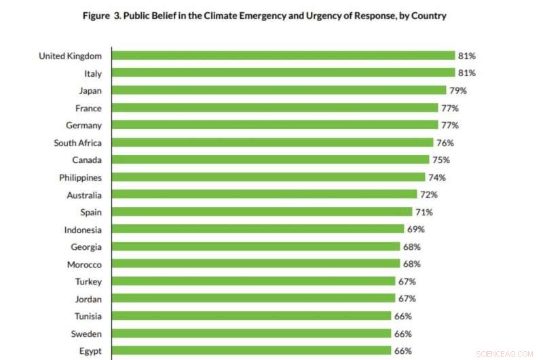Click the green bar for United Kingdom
tap(283, 56)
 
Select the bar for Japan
tap(279, 90)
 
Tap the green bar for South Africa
tap(272, 143)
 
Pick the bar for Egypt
tap(251, 350)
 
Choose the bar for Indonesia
tap(258, 229)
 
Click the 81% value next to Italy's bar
tap(467, 73)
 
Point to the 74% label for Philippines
tap(436, 177)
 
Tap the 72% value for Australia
tap(428, 194)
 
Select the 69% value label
tap(415, 229)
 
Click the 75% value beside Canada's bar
tap(441, 160)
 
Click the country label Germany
tap(83, 126)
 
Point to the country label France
tap(88, 108)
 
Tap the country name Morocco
tap(84, 264)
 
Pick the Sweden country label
tap(86, 334)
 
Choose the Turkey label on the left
tap(88, 281)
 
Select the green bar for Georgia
tap(255, 247)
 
